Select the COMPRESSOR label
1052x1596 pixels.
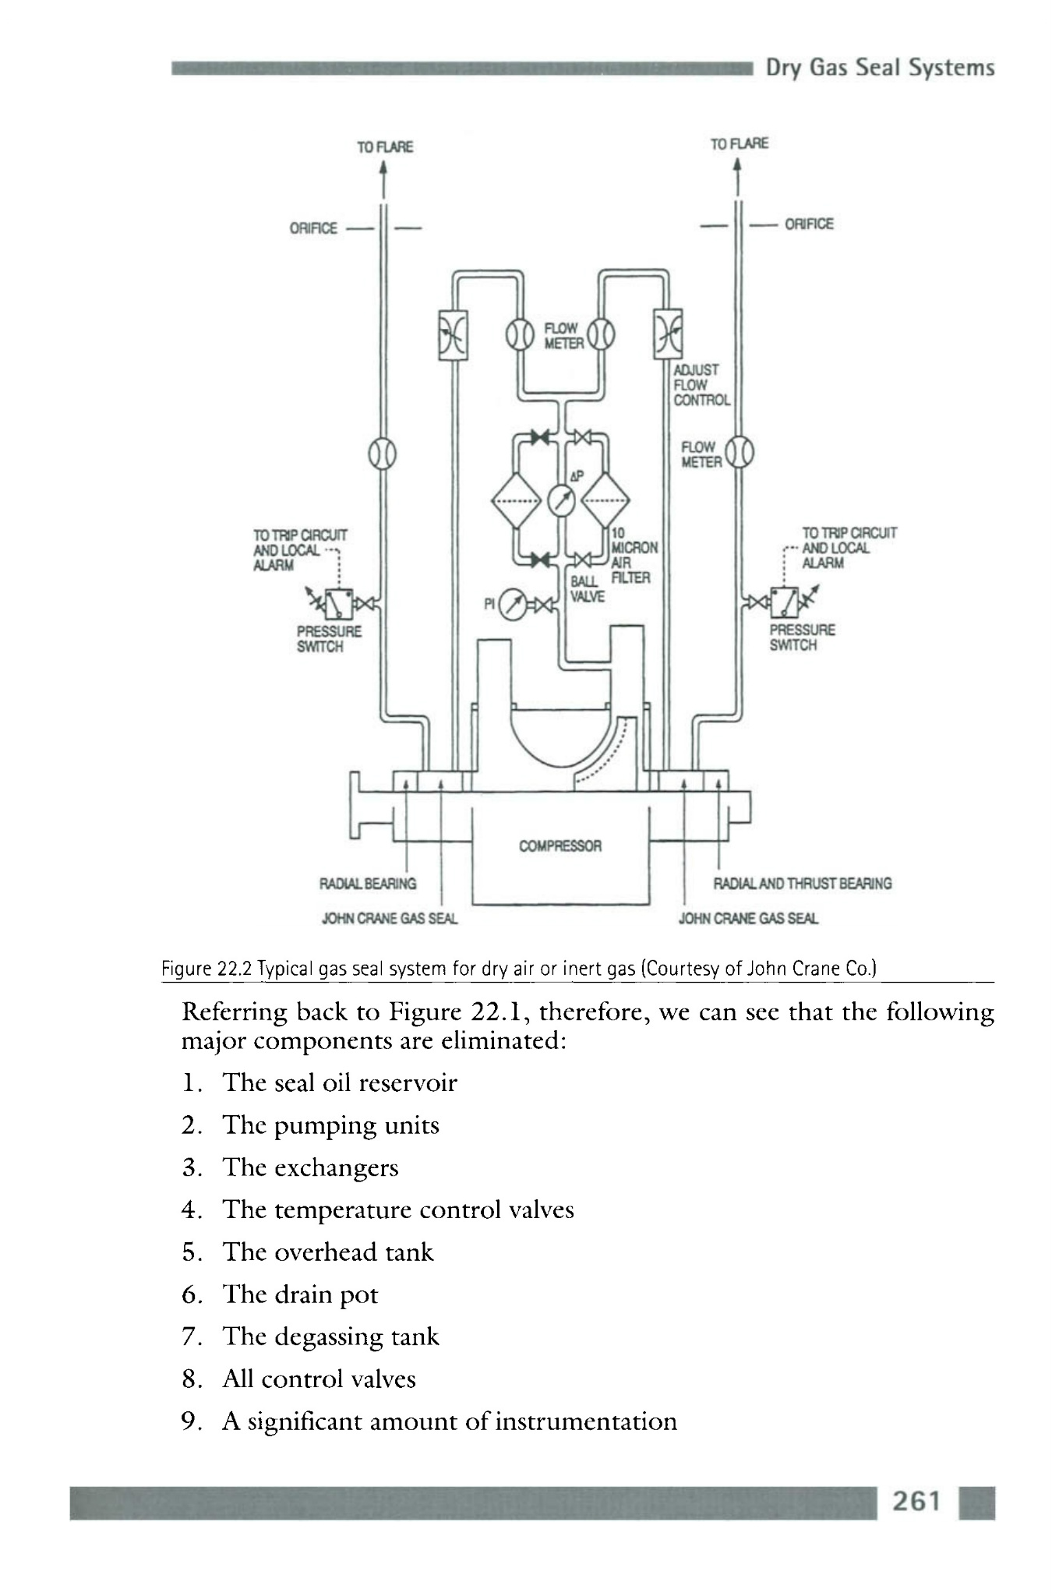coord(560,846)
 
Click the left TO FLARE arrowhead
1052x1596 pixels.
coord(383,169)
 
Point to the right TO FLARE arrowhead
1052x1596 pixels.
coord(737,166)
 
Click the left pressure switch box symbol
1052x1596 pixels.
coord(339,602)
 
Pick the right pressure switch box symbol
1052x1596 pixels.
coord(784,601)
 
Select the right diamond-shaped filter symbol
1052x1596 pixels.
coord(605,500)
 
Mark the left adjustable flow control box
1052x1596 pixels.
coord(453,334)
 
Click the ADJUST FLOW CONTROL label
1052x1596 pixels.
coord(701,385)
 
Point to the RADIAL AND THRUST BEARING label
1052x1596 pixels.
coord(803,884)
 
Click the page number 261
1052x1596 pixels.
coord(916,1500)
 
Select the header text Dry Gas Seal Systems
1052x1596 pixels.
coord(880,69)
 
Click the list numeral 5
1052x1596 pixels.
coord(189,1252)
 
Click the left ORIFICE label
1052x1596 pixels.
coord(313,228)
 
